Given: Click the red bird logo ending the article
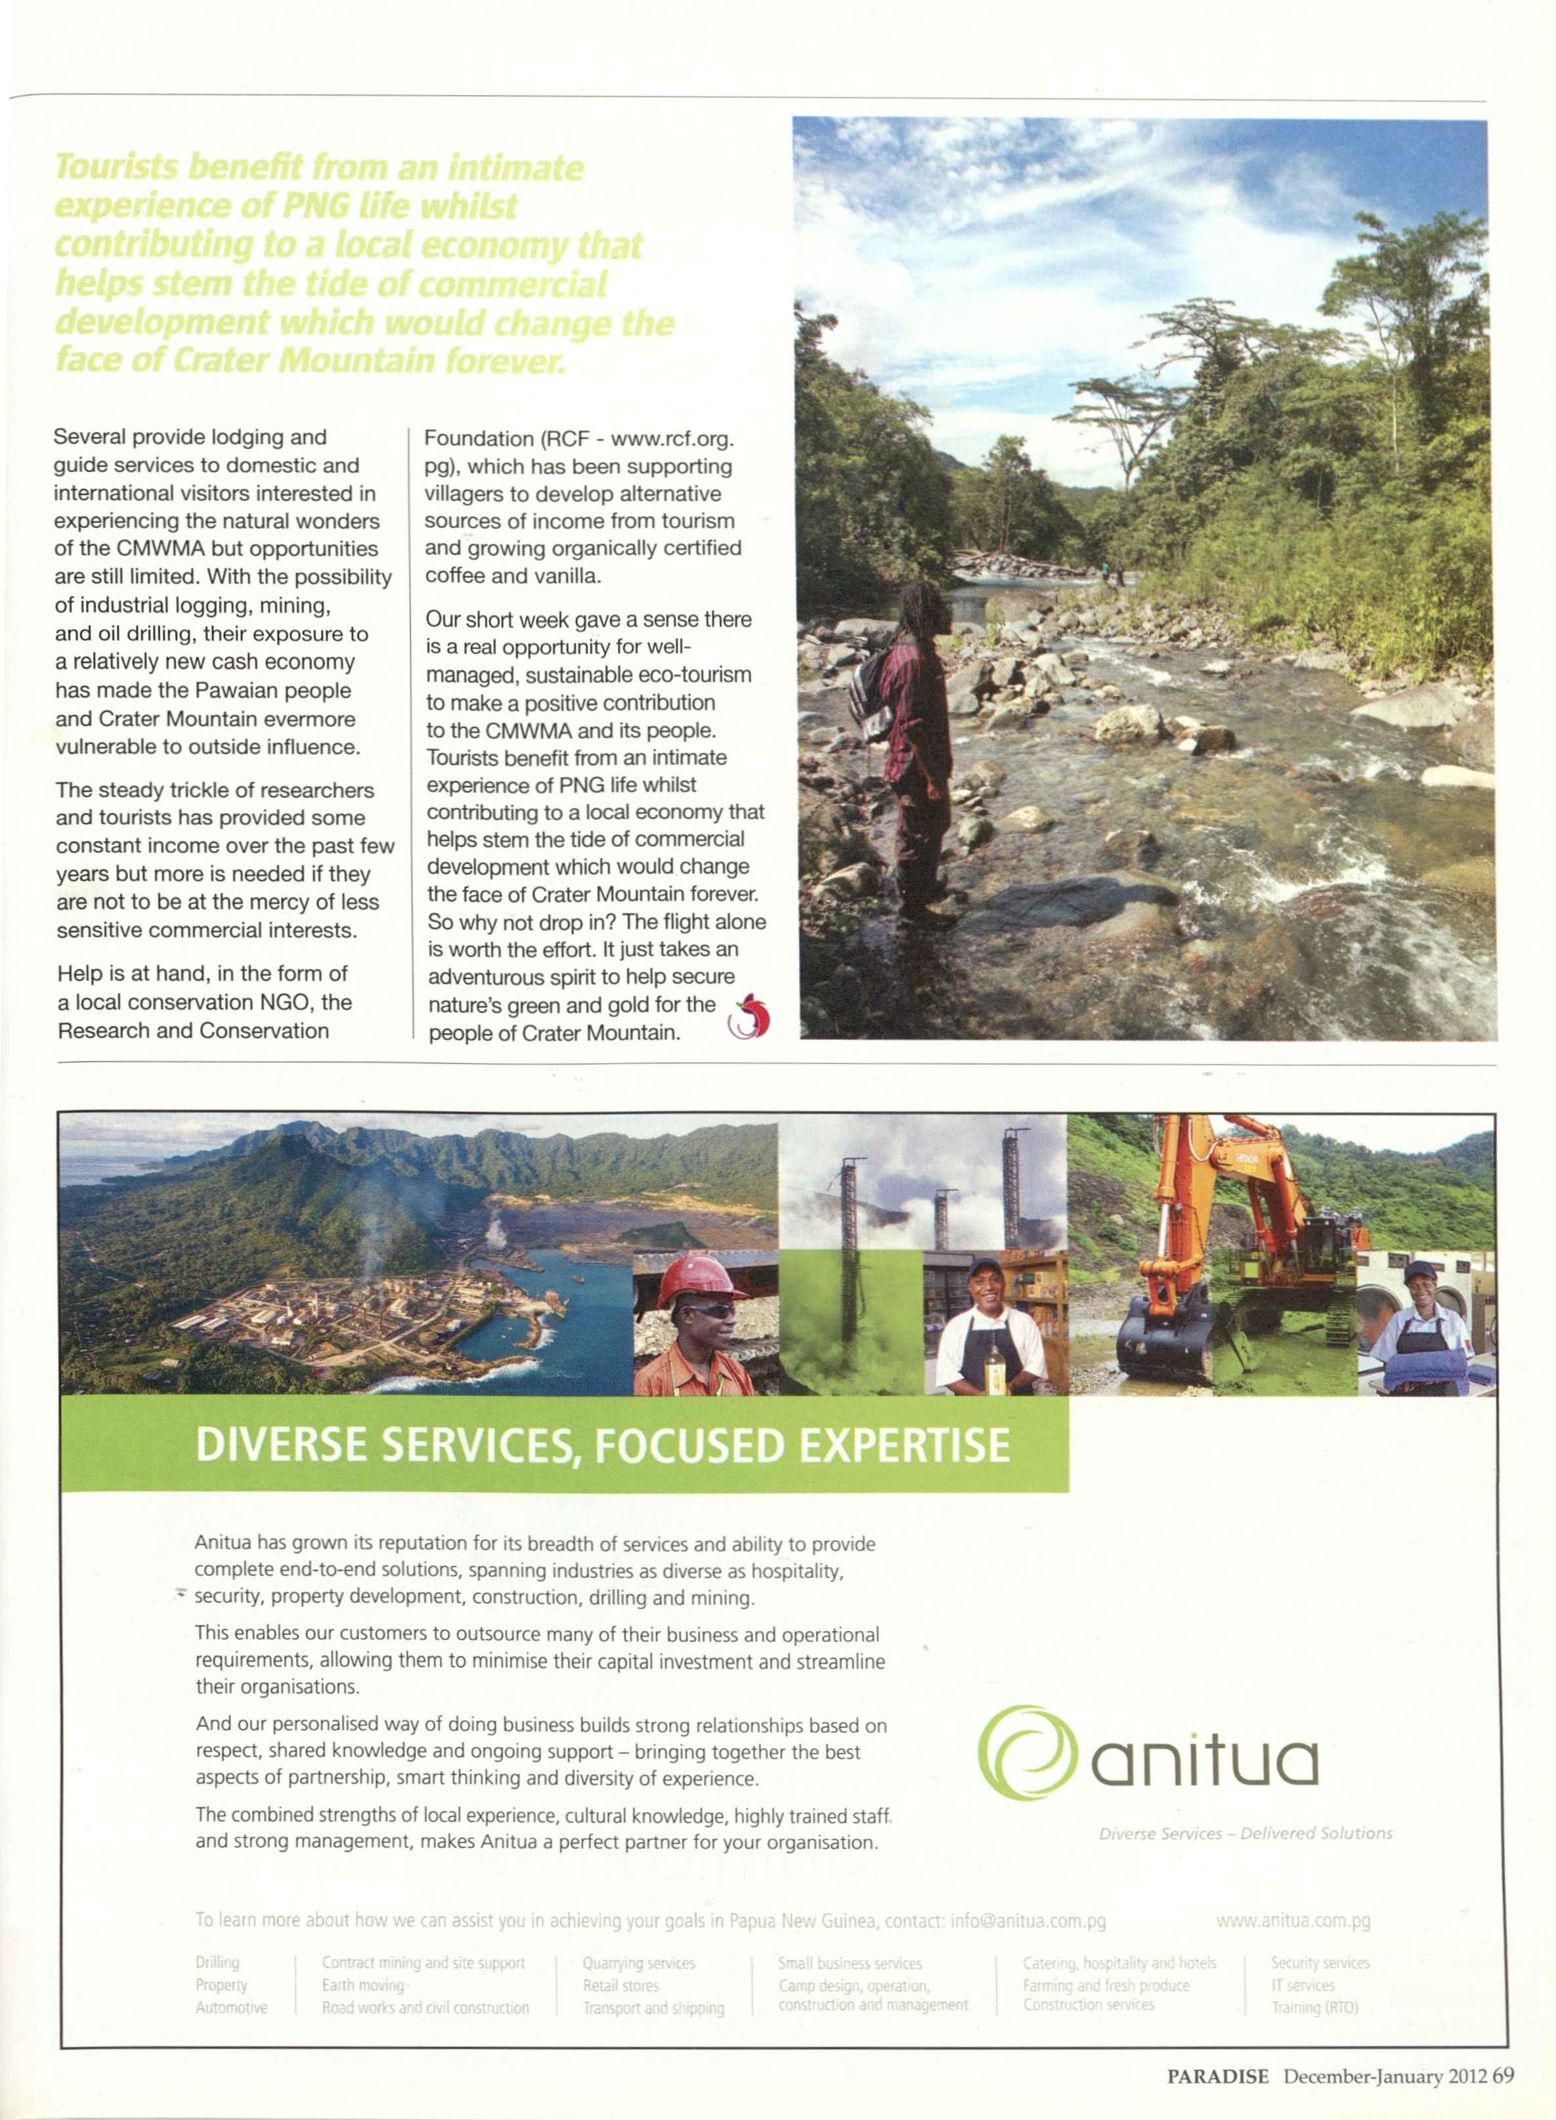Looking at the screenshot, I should [750, 1016].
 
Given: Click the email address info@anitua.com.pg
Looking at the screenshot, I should [1027, 1920].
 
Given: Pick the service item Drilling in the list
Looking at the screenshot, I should [217, 1962].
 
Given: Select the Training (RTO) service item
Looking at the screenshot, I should [1314, 2007].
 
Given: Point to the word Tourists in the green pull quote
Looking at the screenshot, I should [116, 167].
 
